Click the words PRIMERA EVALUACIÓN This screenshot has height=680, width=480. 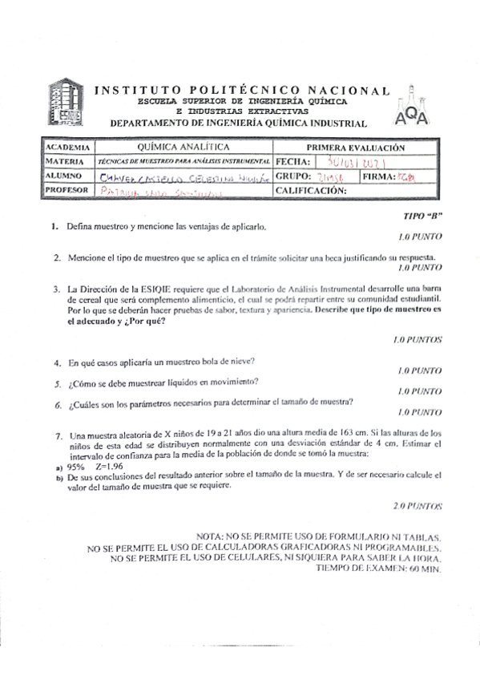(357, 148)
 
